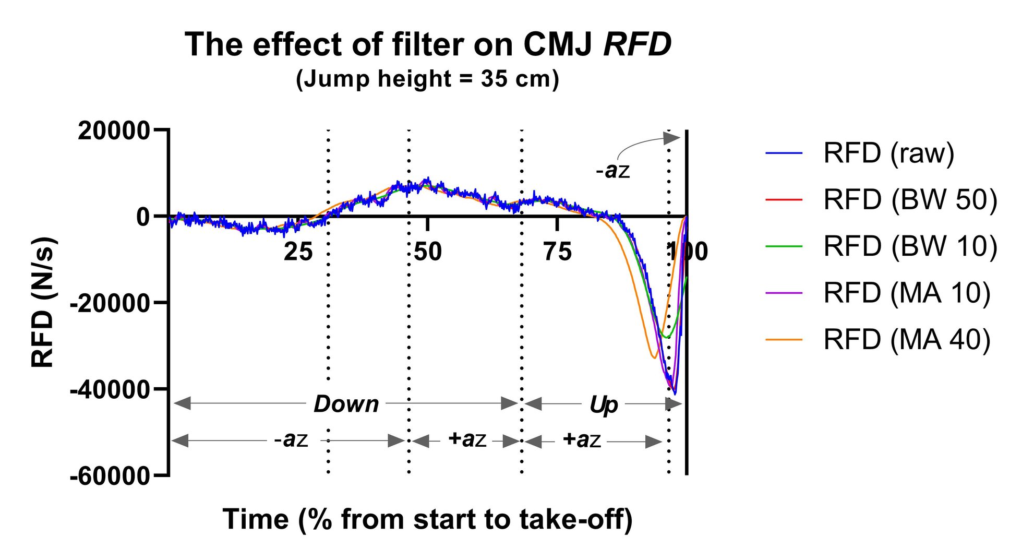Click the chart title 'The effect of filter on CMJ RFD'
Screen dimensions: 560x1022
[428, 45]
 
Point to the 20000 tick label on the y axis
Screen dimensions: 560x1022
[114, 130]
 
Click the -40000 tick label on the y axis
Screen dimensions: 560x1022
[110, 390]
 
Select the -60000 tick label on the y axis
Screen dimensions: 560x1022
[110, 476]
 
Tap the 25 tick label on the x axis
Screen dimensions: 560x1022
[298, 252]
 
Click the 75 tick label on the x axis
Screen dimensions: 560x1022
[557, 252]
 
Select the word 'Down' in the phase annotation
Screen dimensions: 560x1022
[346, 404]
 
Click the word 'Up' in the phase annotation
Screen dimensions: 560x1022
[604, 404]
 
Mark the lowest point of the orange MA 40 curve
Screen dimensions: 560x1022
[654, 358]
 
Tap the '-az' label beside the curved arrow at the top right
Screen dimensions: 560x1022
[613, 171]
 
